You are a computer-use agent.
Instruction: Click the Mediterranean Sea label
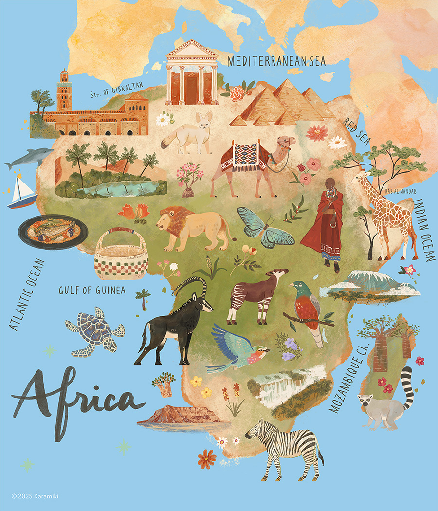pyautogui.click(x=276, y=61)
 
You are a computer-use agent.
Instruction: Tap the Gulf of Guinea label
pyautogui.click(x=92, y=291)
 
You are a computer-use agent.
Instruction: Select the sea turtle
pyautogui.click(x=95, y=330)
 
